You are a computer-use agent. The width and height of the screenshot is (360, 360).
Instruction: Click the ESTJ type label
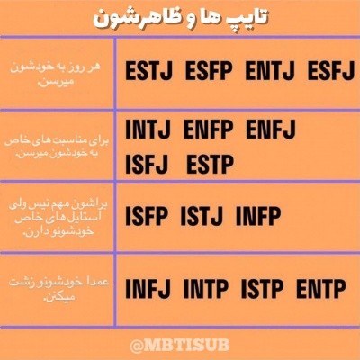(x=150, y=71)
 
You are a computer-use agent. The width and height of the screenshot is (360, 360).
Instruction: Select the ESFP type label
(x=211, y=71)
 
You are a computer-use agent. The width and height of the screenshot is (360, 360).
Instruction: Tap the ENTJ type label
(x=271, y=71)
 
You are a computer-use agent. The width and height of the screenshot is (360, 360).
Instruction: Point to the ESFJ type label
(x=330, y=71)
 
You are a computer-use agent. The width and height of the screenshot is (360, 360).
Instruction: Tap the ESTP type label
(x=210, y=165)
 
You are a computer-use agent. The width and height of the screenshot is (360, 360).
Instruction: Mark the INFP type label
(x=262, y=216)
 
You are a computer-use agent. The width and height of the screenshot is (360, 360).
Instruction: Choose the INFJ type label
(x=148, y=290)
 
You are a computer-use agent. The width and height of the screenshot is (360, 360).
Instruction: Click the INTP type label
(x=206, y=290)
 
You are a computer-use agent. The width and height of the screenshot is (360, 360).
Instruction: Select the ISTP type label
(x=263, y=290)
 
